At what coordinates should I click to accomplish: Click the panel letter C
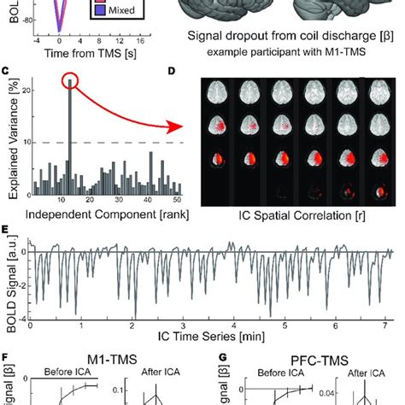(x=7, y=72)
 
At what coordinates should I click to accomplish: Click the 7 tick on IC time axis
(x=387, y=325)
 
